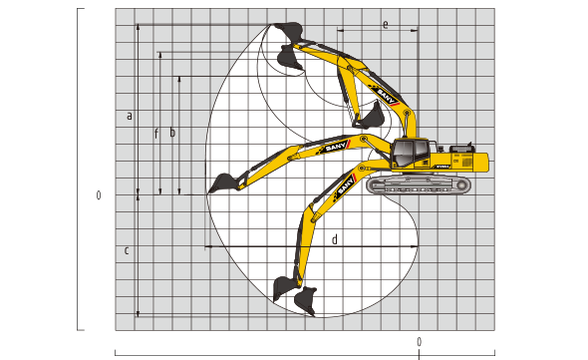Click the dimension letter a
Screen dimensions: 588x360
click(x=130, y=116)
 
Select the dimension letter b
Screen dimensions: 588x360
click(x=172, y=132)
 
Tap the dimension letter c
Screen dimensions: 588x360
click(x=127, y=249)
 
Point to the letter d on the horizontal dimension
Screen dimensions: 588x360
click(x=334, y=239)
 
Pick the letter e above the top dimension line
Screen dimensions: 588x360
click(x=385, y=24)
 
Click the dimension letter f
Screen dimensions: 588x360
click(x=155, y=132)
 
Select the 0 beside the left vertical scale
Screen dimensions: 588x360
click(x=99, y=195)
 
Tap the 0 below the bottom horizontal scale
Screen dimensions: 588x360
click(x=419, y=342)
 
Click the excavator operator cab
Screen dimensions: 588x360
click(x=410, y=154)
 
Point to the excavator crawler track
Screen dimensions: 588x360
click(x=419, y=185)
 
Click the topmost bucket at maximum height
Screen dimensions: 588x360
click(x=287, y=31)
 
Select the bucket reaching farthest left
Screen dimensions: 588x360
click(x=221, y=183)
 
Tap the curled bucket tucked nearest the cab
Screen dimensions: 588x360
click(x=371, y=117)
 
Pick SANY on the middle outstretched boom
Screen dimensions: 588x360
click(x=335, y=147)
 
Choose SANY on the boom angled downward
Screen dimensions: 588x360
click(x=345, y=185)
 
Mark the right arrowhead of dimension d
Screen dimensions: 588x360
click(x=415, y=245)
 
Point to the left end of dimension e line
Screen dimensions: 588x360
click(x=339, y=31)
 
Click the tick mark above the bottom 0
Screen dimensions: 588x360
click(x=419, y=351)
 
